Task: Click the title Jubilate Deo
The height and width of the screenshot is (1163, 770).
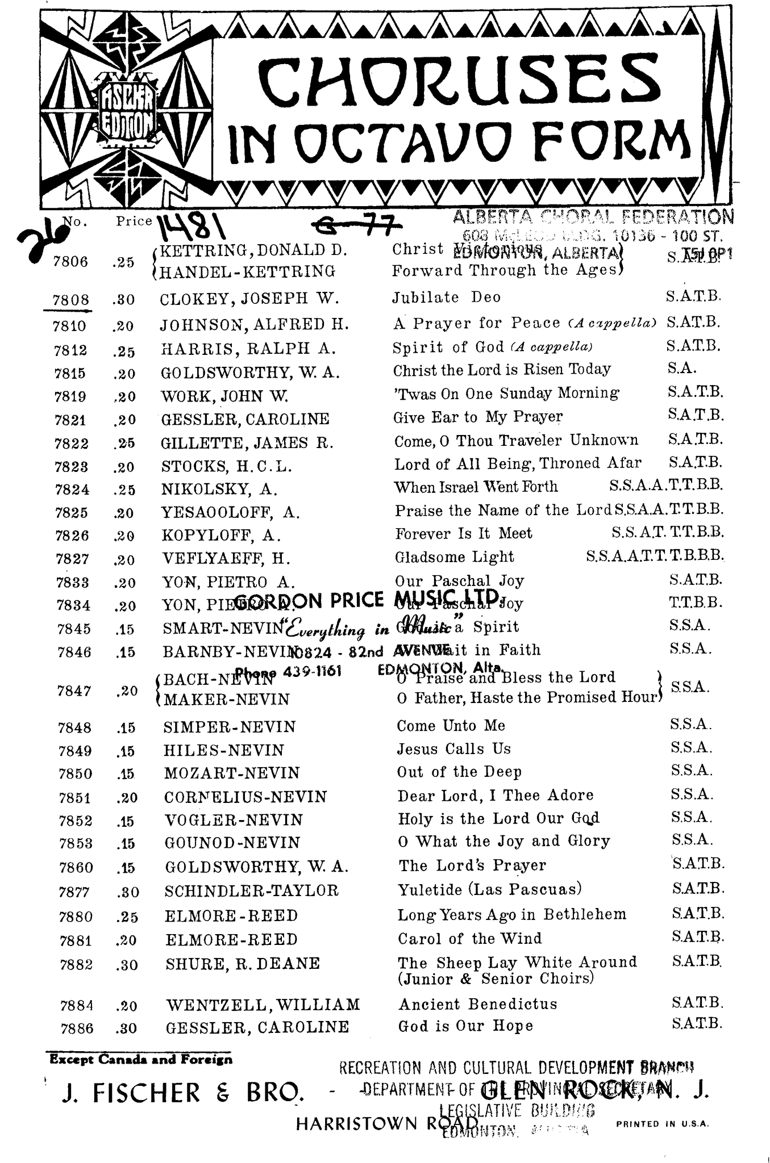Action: click(x=447, y=298)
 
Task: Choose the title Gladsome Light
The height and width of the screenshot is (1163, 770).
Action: click(x=454, y=557)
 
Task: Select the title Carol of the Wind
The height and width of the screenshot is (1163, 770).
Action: click(x=469, y=938)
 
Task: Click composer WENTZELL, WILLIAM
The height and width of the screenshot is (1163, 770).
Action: click(x=263, y=1005)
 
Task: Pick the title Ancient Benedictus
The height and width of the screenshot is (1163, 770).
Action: click(x=477, y=1004)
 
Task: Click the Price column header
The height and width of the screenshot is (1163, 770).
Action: click(x=134, y=221)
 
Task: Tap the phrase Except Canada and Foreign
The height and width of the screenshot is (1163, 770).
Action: click(x=141, y=1059)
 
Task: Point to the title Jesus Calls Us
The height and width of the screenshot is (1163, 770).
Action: click(x=453, y=749)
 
